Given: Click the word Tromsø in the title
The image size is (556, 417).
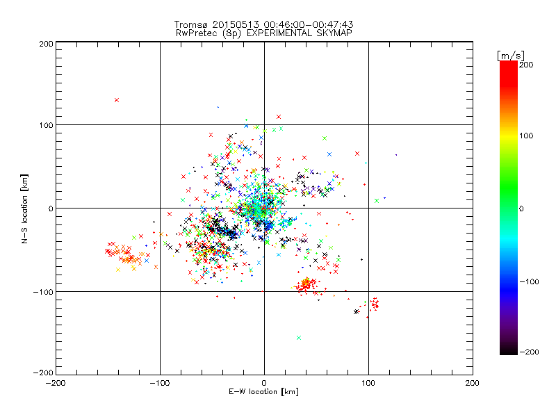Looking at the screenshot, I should (190, 25).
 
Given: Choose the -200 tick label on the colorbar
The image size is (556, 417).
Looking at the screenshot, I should (529, 352).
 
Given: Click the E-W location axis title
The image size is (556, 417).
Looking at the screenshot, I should (263, 393).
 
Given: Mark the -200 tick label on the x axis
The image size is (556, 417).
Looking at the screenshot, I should (56, 383).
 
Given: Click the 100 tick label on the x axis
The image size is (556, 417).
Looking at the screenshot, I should (368, 383).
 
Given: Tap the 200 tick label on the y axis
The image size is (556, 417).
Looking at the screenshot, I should (46, 43).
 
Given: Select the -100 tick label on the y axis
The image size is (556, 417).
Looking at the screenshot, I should (43, 292).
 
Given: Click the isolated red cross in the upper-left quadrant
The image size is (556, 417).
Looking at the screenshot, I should (117, 100).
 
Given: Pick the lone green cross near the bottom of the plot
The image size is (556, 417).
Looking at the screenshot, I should (299, 338).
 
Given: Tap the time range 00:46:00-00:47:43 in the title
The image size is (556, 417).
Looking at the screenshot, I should (306, 25).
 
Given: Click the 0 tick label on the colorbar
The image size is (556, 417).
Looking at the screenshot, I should (525, 208).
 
